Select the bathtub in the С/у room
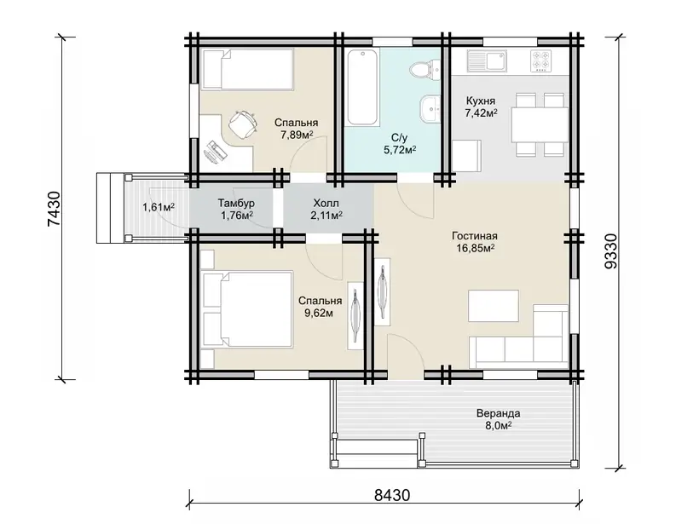pos(363,87)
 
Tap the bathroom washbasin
pos(430,108)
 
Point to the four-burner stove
pos(540,61)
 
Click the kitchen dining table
pos(540,124)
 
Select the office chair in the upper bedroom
pos(242,124)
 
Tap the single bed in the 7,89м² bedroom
pos(247,69)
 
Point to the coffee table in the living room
pos(493,306)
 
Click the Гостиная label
pos(474,236)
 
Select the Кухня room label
pos(481,101)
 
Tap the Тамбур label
pos(236,203)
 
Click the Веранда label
pos(498,413)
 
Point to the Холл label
pos(326,203)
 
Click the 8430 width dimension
pos(392,495)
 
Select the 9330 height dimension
pos(611,250)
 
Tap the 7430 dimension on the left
pos(53,209)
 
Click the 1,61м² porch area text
pos(159,207)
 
